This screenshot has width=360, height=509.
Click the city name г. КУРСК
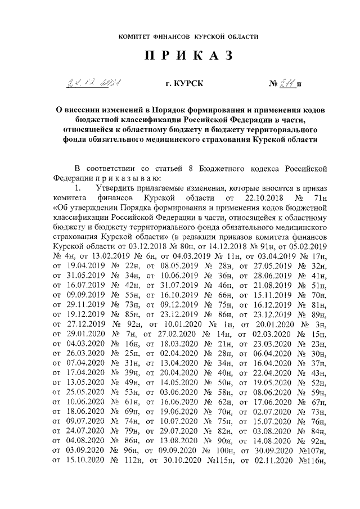tap(180, 85)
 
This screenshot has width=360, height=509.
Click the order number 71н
tap(319, 199)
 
